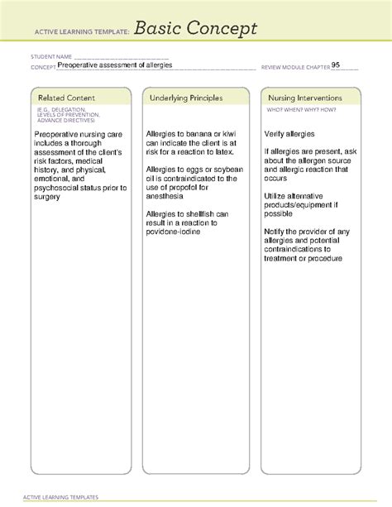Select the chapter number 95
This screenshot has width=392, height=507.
(336, 64)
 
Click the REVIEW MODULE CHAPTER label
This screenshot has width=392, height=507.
(294, 66)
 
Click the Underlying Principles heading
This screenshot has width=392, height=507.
(186, 98)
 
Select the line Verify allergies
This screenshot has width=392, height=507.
(289, 133)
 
